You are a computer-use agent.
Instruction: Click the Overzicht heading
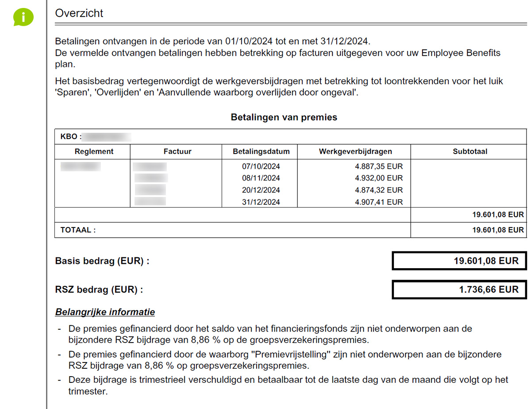pos(79,13)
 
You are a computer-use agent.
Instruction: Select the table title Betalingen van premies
pos(284,117)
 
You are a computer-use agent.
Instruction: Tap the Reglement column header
pos(94,151)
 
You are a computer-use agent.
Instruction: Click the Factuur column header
pos(177,151)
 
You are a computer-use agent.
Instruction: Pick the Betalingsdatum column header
pos(261,151)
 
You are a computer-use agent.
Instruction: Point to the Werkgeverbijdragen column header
pos(355,151)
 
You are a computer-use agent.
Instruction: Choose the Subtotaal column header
pos(470,151)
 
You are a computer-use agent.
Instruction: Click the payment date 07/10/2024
pos(261,166)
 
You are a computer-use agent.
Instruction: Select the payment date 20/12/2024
pos(261,190)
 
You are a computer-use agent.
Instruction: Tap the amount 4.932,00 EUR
pos(379,178)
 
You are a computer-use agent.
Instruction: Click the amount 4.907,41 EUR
pos(379,202)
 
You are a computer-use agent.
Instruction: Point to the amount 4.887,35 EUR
pos(379,166)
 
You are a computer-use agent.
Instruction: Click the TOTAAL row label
pos(78,230)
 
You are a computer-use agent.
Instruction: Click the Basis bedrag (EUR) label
pos(102,261)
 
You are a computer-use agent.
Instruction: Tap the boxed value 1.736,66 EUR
pos(489,289)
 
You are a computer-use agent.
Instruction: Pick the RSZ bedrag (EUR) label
pos(99,290)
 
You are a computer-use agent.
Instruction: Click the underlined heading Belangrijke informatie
pos(105,312)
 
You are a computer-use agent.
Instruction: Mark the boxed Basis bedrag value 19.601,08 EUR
pos(486,261)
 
